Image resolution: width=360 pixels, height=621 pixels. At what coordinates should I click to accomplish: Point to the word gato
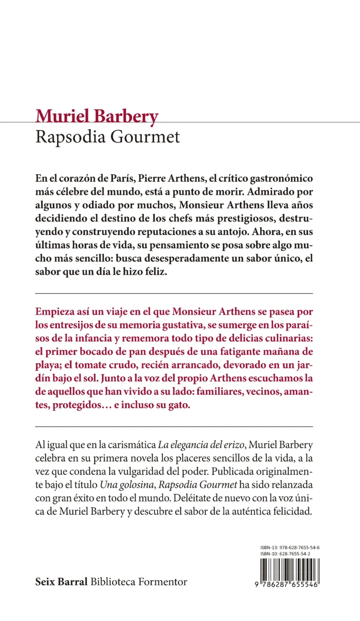[x=179, y=406]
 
